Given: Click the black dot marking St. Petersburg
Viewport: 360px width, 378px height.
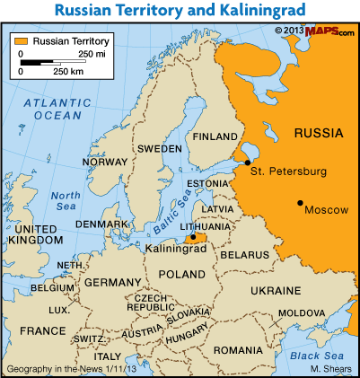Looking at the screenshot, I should tap(247, 163).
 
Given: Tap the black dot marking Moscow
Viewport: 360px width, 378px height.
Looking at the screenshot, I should tap(300, 201).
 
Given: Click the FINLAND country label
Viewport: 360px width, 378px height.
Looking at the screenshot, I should tap(215, 137).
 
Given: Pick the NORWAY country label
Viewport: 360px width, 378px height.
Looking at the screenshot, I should tap(105, 163).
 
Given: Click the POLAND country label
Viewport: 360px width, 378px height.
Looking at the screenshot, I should tap(181, 273).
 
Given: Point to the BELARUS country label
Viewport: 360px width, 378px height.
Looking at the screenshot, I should tap(245, 255).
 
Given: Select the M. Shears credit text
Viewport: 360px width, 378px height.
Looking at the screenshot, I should tap(329, 369).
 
